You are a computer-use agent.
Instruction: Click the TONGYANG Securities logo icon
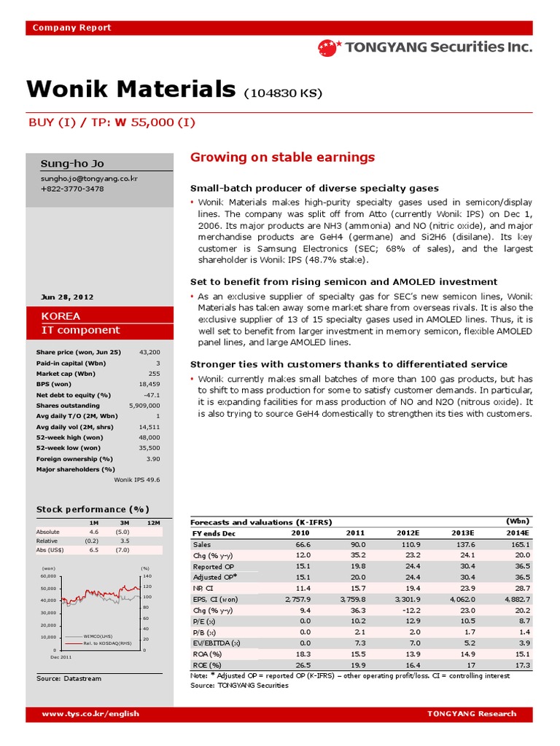point(329,48)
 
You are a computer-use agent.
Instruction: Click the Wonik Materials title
point(131,90)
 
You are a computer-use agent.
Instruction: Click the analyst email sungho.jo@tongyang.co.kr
point(89,178)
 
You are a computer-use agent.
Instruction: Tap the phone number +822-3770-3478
point(72,189)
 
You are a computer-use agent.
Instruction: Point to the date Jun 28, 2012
point(67,297)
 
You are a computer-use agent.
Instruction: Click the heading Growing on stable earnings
point(282,157)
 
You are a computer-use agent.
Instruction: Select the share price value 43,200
point(149,352)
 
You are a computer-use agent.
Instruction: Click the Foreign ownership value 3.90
point(152,458)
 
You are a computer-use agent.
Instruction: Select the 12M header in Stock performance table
point(153,523)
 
